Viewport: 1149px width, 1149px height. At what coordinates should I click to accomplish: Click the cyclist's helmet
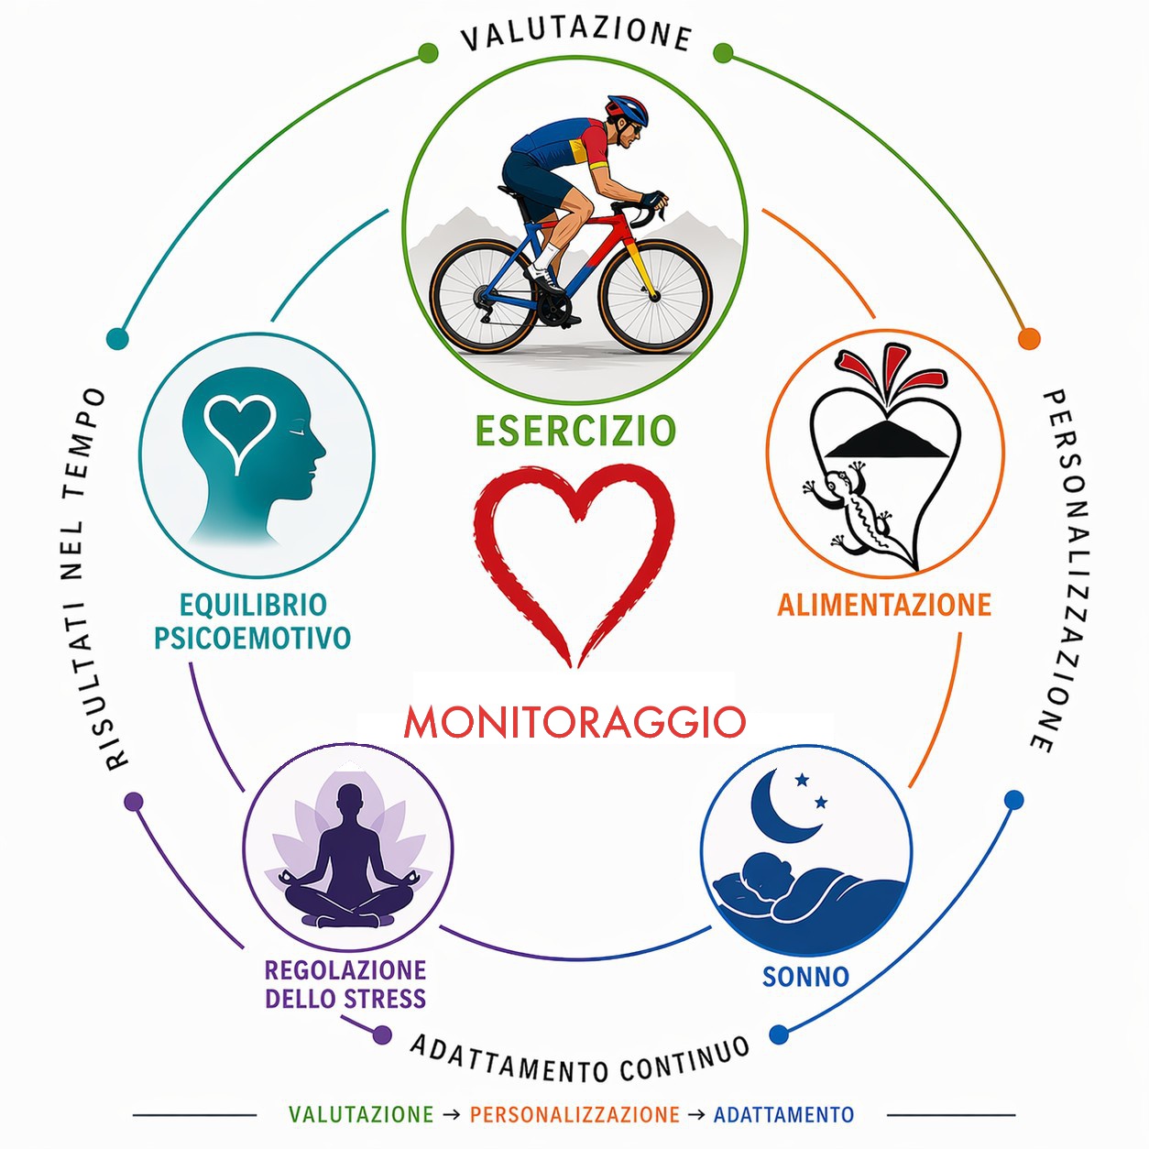tap(627, 110)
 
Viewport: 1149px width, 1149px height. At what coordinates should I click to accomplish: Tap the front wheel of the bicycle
tap(656, 296)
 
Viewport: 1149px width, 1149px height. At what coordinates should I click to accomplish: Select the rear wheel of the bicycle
tap(487, 296)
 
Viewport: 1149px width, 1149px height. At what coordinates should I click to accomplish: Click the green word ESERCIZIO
tap(576, 431)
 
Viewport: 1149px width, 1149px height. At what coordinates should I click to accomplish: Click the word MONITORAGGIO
tap(574, 722)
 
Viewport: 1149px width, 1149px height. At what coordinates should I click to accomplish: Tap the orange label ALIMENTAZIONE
tap(884, 606)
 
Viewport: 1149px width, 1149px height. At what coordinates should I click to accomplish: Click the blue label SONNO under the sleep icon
tap(805, 978)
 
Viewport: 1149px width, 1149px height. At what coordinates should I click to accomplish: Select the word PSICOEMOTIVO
tap(252, 638)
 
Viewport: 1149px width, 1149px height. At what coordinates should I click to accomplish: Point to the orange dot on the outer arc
tap(1029, 338)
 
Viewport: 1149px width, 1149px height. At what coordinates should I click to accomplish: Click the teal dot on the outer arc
tap(117, 338)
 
